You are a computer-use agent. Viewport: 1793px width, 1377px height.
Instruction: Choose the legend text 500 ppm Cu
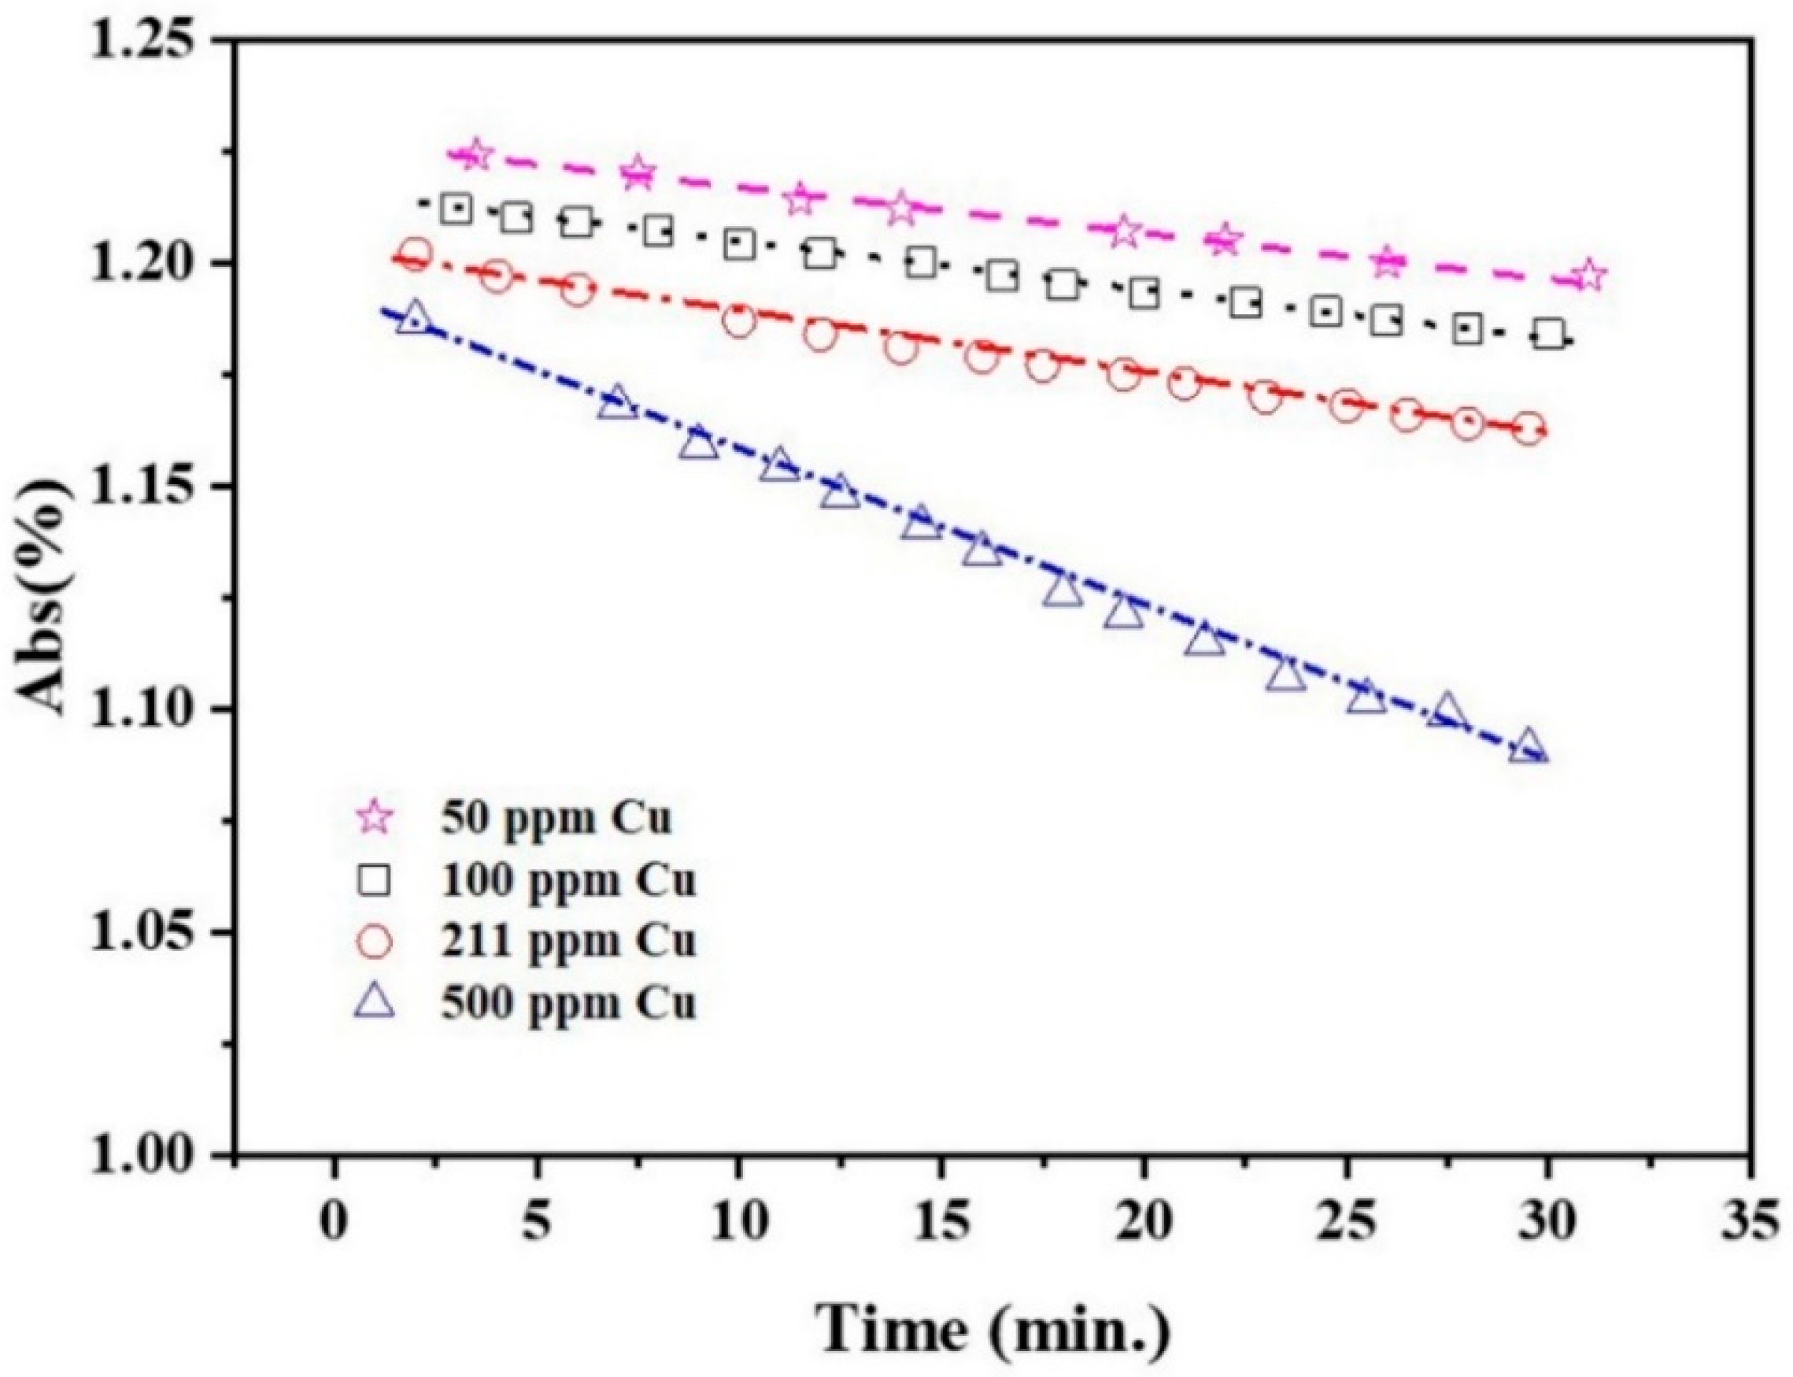click(568, 1004)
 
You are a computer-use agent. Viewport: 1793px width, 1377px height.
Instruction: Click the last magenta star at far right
click(1588, 276)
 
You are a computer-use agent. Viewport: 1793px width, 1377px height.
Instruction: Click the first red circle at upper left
click(416, 254)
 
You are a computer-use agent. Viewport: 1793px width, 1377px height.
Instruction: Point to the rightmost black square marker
click(1549, 335)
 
